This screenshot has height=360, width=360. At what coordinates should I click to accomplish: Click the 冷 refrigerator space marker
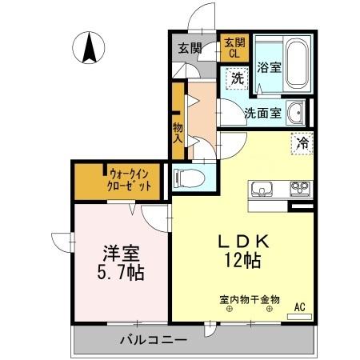point(303,144)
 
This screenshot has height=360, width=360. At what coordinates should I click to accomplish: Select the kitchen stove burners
point(301,189)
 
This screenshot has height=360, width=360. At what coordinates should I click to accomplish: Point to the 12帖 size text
point(239,260)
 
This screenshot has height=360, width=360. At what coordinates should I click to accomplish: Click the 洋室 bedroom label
point(120,254)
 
